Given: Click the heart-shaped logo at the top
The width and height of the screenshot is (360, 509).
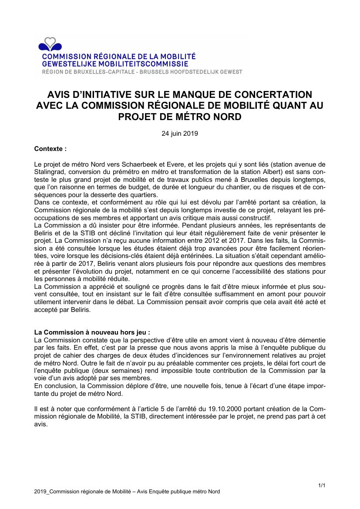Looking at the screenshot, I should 50,44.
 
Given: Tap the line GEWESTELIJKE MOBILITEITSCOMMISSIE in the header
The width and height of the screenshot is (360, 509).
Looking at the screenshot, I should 115,64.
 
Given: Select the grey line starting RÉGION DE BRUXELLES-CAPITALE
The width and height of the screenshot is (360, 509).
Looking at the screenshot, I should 142,71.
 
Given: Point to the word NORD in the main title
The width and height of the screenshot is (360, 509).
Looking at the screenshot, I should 225,117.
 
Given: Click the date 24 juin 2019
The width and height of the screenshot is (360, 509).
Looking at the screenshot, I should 180,134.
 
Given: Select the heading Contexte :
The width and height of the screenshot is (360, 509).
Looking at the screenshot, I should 50,148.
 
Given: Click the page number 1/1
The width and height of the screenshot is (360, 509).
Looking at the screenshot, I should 322,485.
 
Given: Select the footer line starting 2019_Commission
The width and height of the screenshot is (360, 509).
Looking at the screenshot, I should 127,492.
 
